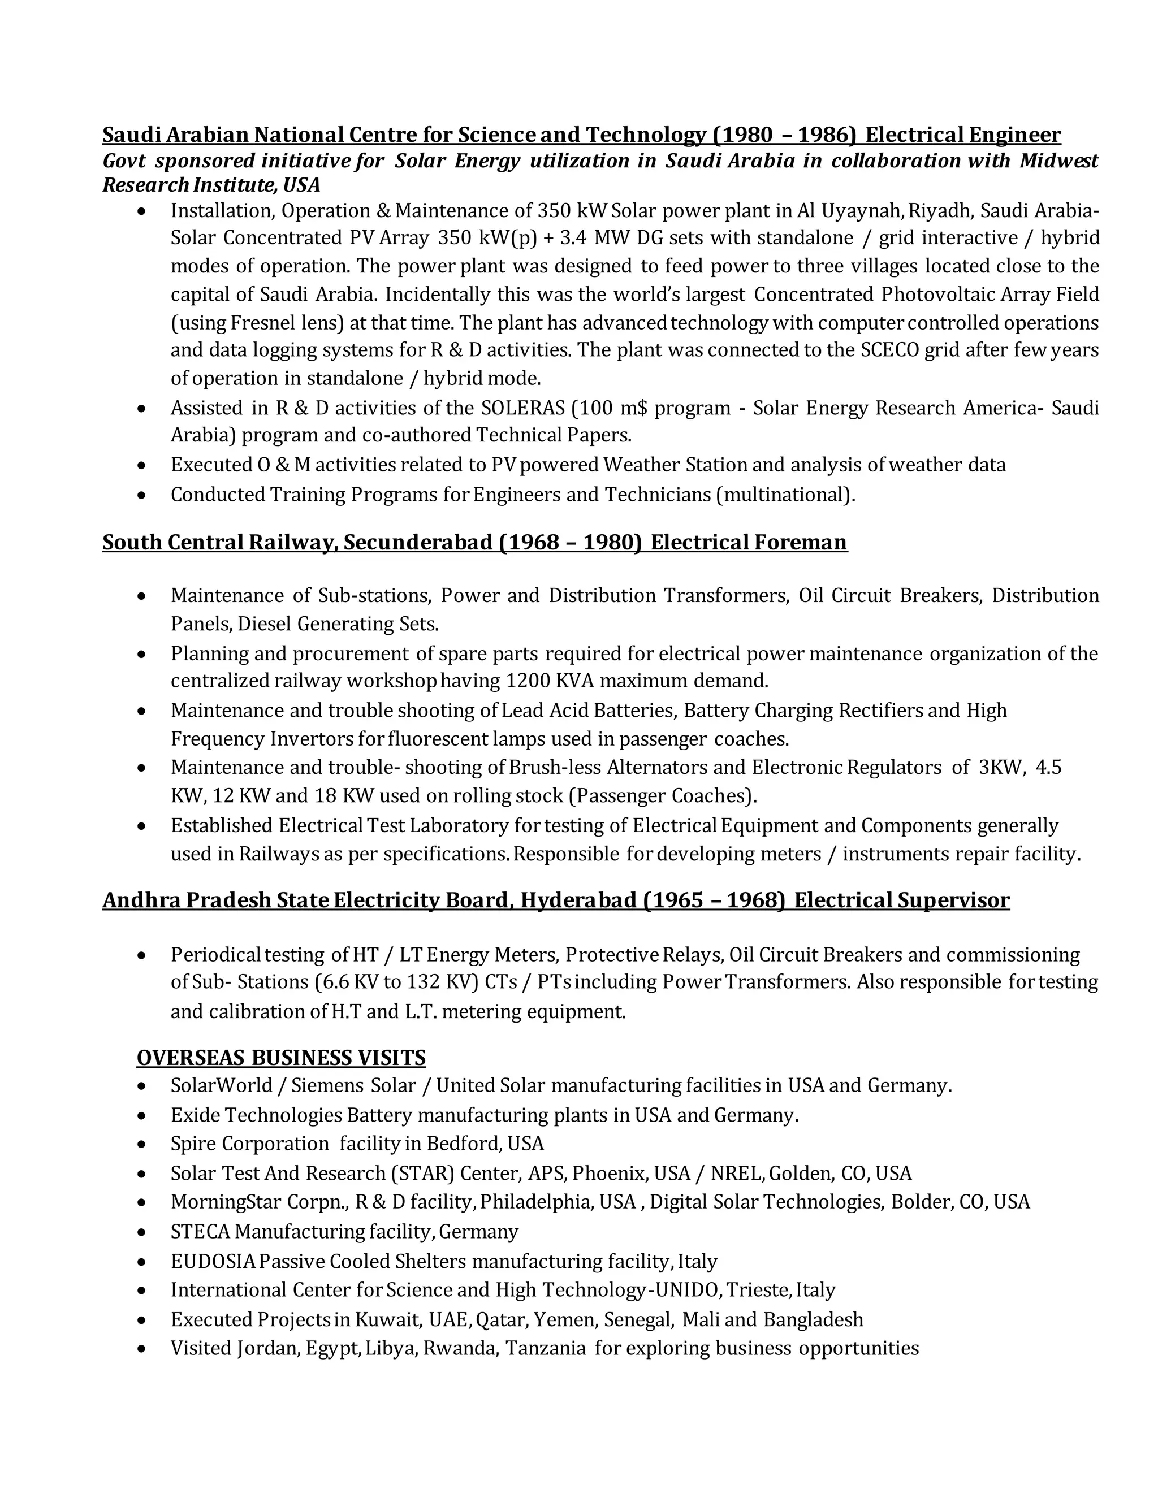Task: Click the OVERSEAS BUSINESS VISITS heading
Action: pos(280,1057)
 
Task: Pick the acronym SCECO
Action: pos(889,350)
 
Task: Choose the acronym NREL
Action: pos(737,1173)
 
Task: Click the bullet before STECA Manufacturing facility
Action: pos(141,1232)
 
